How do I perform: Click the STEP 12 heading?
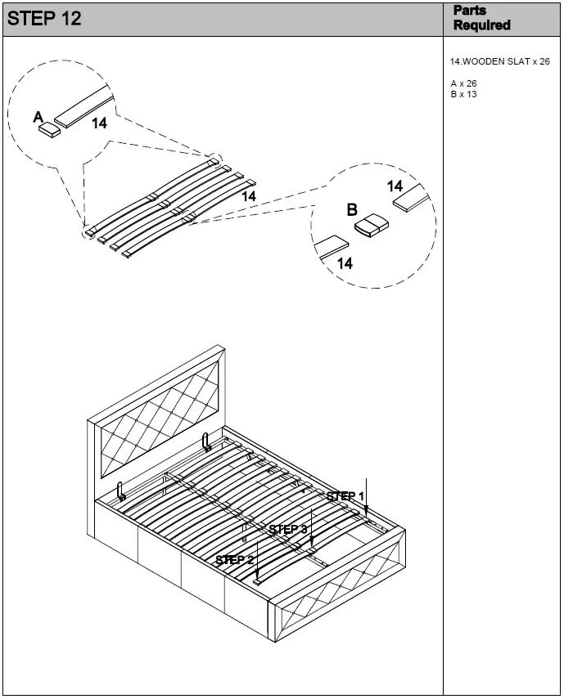44,19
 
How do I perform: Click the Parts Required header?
481,18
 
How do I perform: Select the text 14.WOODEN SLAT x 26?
499,61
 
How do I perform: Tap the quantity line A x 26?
463,83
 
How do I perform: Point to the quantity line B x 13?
463,94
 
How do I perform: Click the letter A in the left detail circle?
38,118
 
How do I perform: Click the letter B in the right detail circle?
352,210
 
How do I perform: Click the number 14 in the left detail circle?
99,123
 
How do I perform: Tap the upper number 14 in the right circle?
395,186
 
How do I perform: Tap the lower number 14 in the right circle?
345,263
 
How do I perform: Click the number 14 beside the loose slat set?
249,197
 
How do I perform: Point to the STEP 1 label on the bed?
345,496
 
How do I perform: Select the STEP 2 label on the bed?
234,560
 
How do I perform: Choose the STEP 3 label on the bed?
287,530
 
